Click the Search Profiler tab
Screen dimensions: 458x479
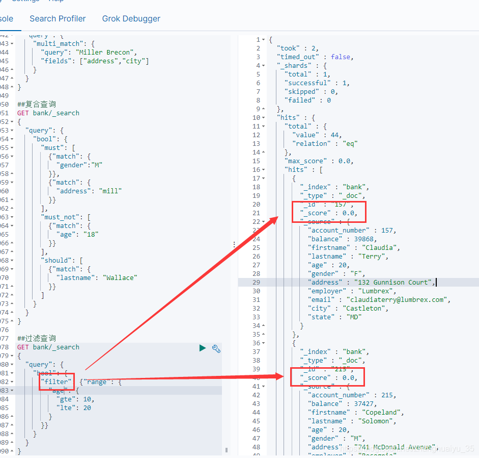coord(58,19)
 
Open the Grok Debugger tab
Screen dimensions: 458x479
coord(131,19)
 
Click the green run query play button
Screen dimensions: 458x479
coord(203,348)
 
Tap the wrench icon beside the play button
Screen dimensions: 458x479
coord(216,348)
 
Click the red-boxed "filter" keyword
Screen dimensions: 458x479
coord(57,381)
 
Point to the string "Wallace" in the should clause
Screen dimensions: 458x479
coord(120,278)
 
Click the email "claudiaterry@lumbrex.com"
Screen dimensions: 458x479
coord(398,299)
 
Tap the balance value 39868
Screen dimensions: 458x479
coord(359,239)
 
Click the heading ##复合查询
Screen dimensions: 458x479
coord(37,105)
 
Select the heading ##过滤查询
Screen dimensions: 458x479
coord(37,338)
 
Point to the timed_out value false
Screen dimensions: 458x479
coord(341,57)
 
